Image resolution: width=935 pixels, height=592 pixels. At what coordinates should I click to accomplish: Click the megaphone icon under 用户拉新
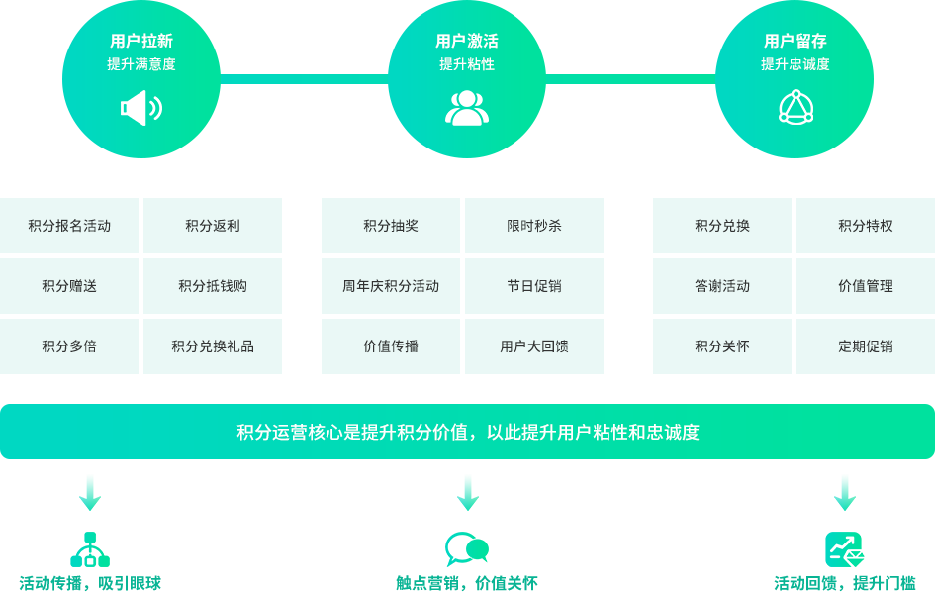141,108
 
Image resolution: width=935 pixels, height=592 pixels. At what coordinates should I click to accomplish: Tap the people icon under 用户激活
467,108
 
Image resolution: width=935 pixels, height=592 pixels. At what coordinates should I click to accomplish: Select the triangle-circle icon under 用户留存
795,107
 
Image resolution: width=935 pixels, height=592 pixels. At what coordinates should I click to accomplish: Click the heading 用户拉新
141,42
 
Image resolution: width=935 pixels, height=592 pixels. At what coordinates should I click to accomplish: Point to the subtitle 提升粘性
467,64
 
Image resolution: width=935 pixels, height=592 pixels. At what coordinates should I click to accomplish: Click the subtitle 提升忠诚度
795,64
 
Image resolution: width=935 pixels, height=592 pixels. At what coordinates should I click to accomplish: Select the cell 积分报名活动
69,226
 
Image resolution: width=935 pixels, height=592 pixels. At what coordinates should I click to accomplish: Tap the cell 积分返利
213,226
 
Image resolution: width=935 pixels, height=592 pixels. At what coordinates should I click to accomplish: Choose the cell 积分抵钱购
213,286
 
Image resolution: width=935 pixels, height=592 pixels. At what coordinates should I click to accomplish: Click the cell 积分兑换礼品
213,346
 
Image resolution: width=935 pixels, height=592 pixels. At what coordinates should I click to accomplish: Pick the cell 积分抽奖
391,226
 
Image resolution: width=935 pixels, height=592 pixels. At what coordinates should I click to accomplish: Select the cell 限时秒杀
534,226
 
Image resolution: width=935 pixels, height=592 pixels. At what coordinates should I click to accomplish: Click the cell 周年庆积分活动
391,286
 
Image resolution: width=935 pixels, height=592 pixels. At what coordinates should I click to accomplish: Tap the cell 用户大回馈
534,346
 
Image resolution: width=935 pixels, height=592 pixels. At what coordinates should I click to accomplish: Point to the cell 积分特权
866,226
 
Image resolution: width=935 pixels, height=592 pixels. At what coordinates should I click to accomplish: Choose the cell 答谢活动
722,286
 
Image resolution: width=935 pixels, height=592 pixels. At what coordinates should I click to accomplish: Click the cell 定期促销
866,346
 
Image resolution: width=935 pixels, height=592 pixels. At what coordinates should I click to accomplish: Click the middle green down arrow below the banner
468,492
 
